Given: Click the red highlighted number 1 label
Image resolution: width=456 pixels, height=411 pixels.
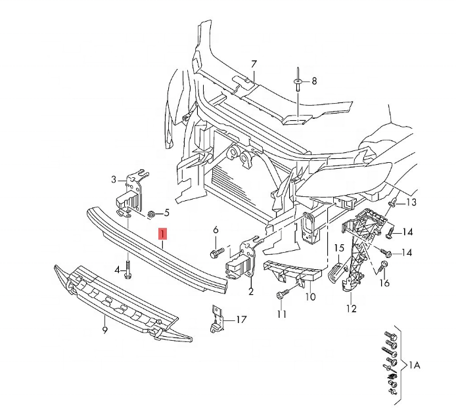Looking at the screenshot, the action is (x=162, y=234).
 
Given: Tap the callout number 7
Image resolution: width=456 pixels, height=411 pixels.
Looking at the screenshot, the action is (x=254, y=64).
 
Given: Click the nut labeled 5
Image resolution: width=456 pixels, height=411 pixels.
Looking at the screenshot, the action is (x=151, y=215).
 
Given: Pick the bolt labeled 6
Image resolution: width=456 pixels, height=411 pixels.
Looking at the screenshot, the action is (x=217, y=253).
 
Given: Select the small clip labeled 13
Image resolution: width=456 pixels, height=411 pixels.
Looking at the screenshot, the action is (x=393, y=203).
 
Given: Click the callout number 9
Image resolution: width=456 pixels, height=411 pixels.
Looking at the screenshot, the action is (x=104, y=330).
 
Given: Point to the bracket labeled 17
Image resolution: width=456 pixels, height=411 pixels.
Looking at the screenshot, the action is (x=216, y=319).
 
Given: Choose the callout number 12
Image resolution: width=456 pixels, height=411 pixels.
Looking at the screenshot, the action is (x=352, y=308).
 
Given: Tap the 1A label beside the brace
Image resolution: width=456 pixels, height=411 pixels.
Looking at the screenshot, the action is (x=415, y=364).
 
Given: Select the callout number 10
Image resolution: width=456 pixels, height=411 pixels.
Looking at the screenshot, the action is (x=311, y=297).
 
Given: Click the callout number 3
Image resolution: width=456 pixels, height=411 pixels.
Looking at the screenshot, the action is (x=114, y=180).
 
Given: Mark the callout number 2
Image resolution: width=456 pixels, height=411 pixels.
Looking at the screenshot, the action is (x=251, y=292).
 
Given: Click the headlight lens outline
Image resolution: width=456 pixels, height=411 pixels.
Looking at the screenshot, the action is (x=343, y=180).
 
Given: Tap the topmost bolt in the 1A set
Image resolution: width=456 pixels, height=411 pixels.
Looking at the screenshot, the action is (x=390, y=335).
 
